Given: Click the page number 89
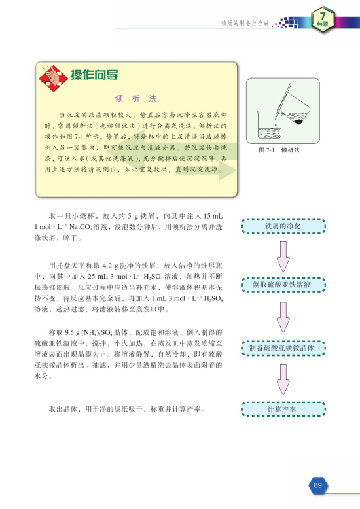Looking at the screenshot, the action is pos(318,485).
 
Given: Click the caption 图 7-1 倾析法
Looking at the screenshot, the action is pos(279,150).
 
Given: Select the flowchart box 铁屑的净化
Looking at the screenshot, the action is pos(283,226).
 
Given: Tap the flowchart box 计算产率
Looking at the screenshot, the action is pos(283,409).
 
